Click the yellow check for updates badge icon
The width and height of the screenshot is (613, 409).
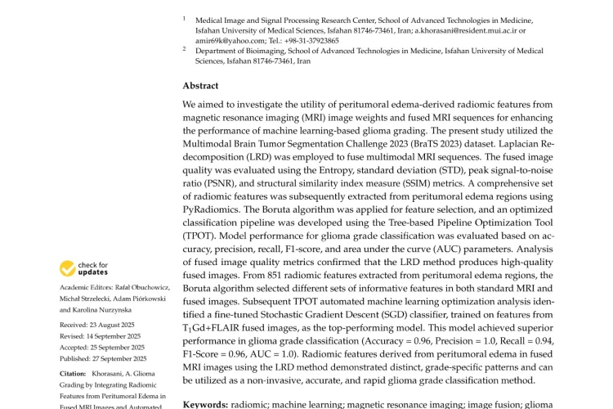pos(68,268)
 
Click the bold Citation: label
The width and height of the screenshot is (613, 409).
pos(74,373)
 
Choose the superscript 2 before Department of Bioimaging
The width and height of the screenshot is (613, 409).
pos(185,48)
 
